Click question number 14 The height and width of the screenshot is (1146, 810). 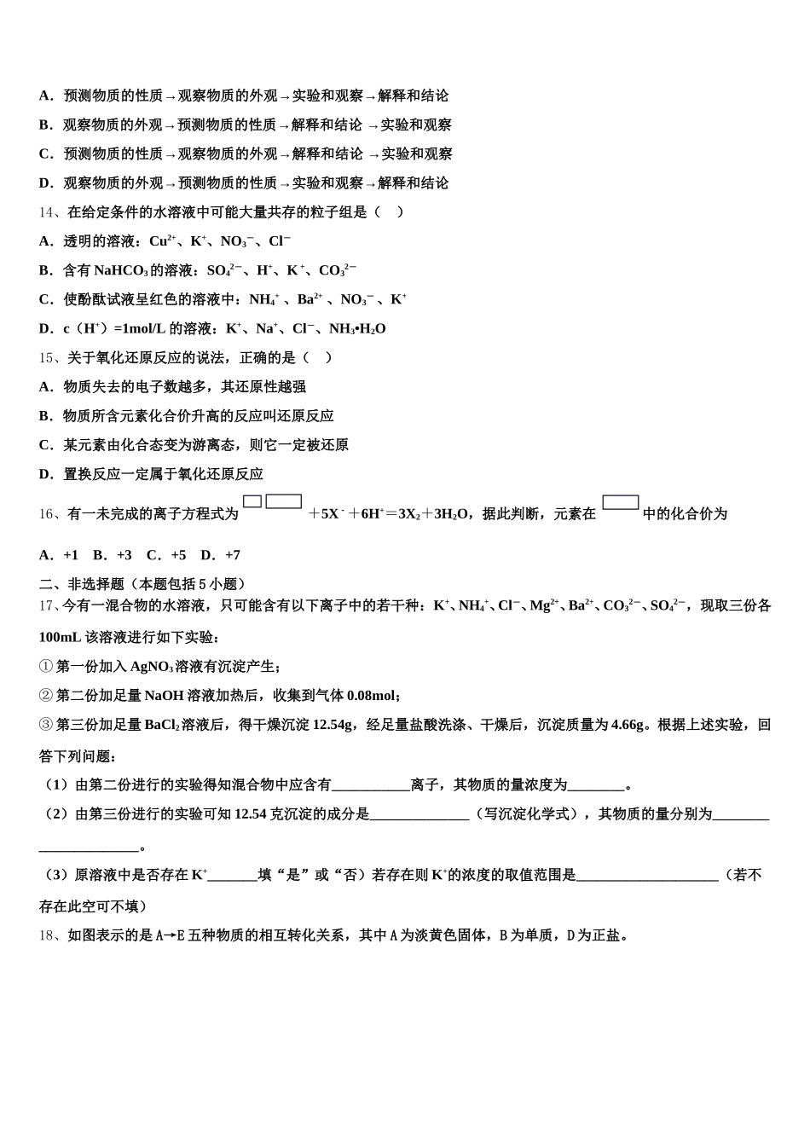pos(47,212)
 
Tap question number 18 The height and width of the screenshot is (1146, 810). pos(47,935)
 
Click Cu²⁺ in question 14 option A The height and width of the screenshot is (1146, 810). pos(162,241)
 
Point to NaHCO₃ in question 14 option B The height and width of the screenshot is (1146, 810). pos(121,270)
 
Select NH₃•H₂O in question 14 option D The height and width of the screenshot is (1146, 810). pos(357,328)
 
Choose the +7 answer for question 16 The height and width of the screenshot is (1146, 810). pos(232,555)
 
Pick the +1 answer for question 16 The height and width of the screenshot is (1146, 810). pos(70,555)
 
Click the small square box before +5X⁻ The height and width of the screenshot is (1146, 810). pos(252,502)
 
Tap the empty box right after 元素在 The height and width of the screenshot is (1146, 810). pos(620,502)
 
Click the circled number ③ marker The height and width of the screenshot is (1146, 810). pos(46,725)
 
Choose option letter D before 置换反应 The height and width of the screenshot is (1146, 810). pos(46,474)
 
